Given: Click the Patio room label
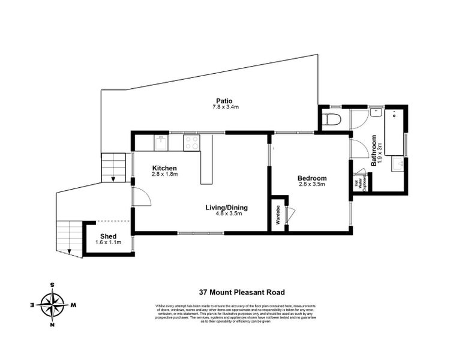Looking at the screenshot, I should (x=225, y=101).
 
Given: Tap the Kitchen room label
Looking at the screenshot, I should (x=164, y=167).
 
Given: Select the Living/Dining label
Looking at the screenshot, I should (x=227, y=208).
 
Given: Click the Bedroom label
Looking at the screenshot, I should (x=312, y=178).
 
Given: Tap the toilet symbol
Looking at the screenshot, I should (x=331, y=119).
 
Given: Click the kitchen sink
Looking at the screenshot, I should (x=161, y=143).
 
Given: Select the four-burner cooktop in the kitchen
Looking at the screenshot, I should (x=191, y=142).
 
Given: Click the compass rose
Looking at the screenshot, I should (x=53, y=305).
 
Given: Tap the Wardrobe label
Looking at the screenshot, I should (x=278, y=215).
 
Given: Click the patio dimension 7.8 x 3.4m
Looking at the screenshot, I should (x=225, y=107).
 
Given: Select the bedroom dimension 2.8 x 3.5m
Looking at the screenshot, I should (x=312, y=185).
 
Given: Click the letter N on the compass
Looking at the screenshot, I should (x=53, y=325).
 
